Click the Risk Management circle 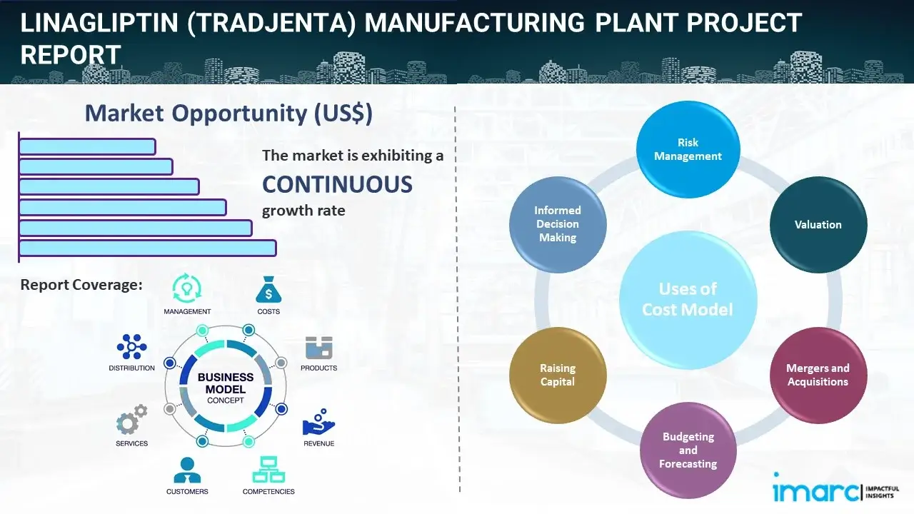tap(688, 150)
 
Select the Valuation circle tap(818, 225)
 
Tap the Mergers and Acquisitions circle tap(818, 375)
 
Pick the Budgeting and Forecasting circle tap(688, 450)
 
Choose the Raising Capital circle tap(558, 375)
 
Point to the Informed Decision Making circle tap(558, 224)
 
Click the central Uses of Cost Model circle tap(688, 299)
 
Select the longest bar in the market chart tap(147, 248)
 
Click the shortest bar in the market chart tap(87, 146)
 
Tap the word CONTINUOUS tap(337, 185)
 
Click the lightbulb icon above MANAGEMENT tap(187, 288)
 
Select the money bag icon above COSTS tap(268, 290)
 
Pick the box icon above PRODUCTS tap(319, 348)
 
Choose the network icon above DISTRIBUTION tap(131, 347)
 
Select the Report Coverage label tap(81, 285)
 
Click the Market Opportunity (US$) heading tap(228, 114)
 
